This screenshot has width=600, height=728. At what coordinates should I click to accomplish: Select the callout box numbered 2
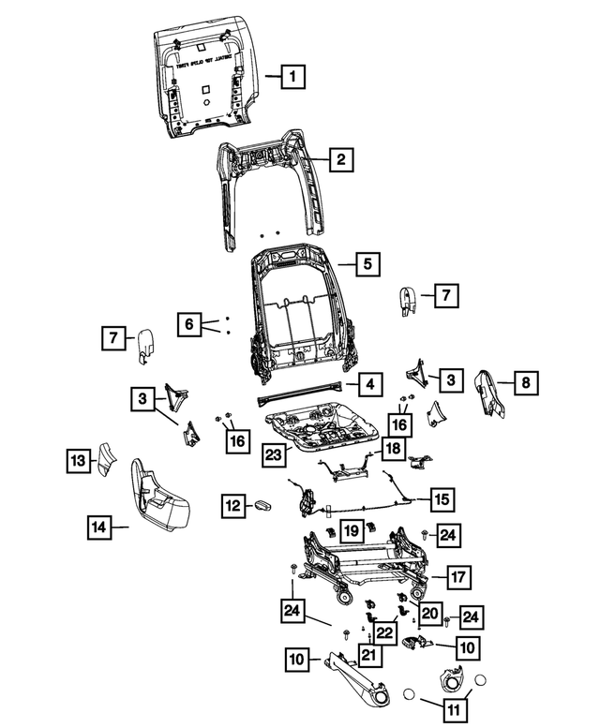[341, 160]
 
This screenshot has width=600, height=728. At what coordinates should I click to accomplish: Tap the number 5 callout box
[368, 264]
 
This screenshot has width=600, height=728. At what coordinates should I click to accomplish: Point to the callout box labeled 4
[370, 384]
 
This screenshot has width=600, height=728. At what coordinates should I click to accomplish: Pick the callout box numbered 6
[188, 325]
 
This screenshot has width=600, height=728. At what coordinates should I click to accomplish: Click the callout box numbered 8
[525, 382]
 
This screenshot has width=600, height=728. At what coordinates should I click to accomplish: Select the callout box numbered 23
[273, 456]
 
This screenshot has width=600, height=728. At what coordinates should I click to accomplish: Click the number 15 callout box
[441, 497]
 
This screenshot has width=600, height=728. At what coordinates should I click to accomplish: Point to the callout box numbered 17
[457, 576]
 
